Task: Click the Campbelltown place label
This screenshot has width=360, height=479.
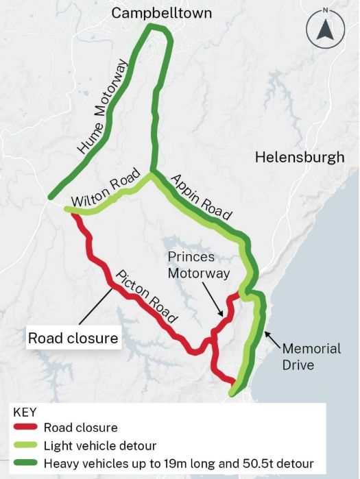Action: point(162,13)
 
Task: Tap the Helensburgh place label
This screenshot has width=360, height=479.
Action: point(300,157)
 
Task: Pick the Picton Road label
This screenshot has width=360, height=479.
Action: point(146,297)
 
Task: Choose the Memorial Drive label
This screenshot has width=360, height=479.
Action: point(311,356)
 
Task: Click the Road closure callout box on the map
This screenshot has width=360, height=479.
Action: point(73,339)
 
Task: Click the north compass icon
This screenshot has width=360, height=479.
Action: point(326,30)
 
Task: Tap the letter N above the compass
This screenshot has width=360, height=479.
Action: point(326,10)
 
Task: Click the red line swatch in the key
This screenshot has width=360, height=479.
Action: point(25,428)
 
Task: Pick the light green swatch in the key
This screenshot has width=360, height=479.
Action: point(25,446)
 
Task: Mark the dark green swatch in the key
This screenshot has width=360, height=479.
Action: point(25,463)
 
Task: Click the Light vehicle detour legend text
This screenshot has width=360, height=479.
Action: point(100,446)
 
